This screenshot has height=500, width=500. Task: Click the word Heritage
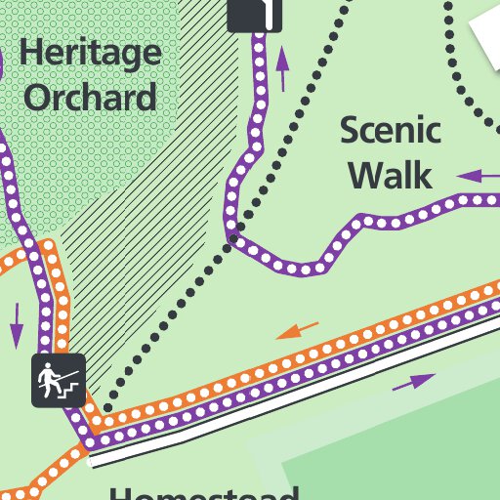90,54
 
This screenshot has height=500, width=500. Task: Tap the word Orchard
90,97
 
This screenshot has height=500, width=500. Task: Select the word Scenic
391,131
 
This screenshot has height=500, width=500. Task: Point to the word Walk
391,176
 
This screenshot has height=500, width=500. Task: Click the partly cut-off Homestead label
203,491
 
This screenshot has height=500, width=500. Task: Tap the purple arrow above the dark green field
414,382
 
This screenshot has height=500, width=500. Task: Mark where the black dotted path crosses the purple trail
234,234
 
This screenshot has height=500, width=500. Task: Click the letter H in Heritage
30,53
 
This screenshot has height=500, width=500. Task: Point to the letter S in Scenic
351,131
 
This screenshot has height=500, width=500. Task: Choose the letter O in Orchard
39,97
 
